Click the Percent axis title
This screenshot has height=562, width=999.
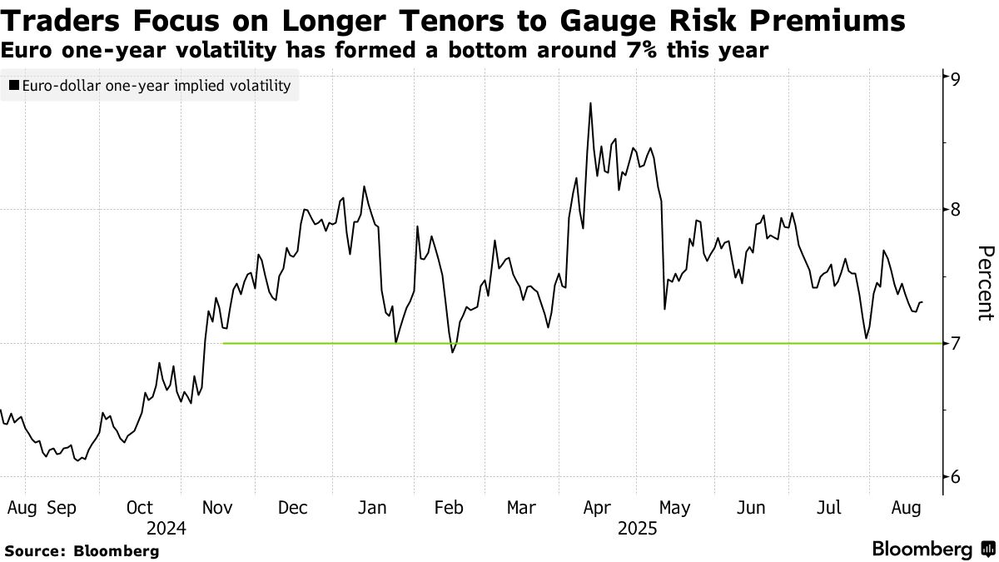985,283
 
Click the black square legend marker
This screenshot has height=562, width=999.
14,86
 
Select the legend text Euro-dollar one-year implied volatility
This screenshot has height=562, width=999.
157,86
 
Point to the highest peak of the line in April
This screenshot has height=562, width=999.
590,103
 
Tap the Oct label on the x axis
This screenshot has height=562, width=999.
140,507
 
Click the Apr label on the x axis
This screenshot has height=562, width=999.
599,507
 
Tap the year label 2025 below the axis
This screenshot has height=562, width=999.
637,528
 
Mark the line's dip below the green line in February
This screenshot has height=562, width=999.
452,352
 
